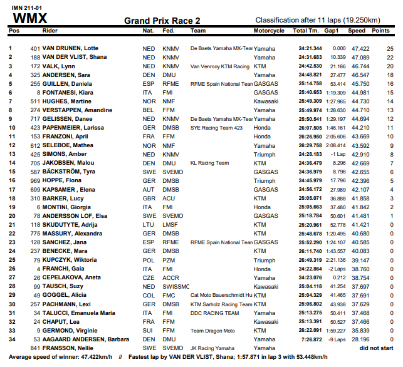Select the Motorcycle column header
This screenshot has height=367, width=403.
tap(269, 30)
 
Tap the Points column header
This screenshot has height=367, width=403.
tap(380, 30)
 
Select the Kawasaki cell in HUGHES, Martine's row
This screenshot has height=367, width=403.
tap(266, 101)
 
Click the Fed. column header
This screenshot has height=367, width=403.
tap(169, 30)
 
